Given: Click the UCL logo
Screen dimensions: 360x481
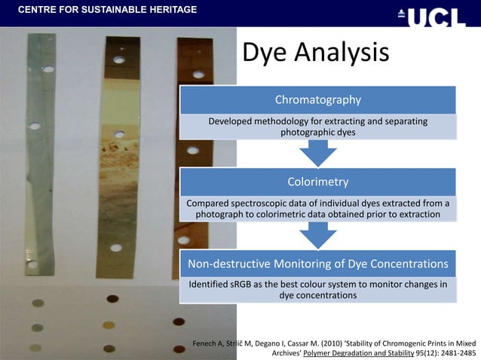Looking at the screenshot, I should [x=436, y=14].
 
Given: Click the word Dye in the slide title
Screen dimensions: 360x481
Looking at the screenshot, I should [x=265, y=53].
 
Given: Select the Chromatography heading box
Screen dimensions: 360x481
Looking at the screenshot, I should [x=317, y=99].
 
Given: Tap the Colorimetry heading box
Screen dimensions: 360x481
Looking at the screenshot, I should [x=317, y=182].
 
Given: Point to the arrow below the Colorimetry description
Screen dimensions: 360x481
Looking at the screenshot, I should [x=317, y=235].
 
